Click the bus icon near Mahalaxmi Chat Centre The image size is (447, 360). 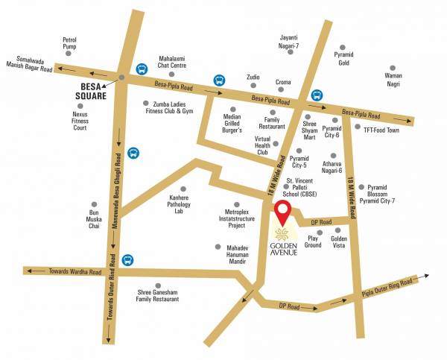(x=141, y=69)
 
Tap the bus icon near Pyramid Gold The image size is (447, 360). (x=317, y=95)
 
